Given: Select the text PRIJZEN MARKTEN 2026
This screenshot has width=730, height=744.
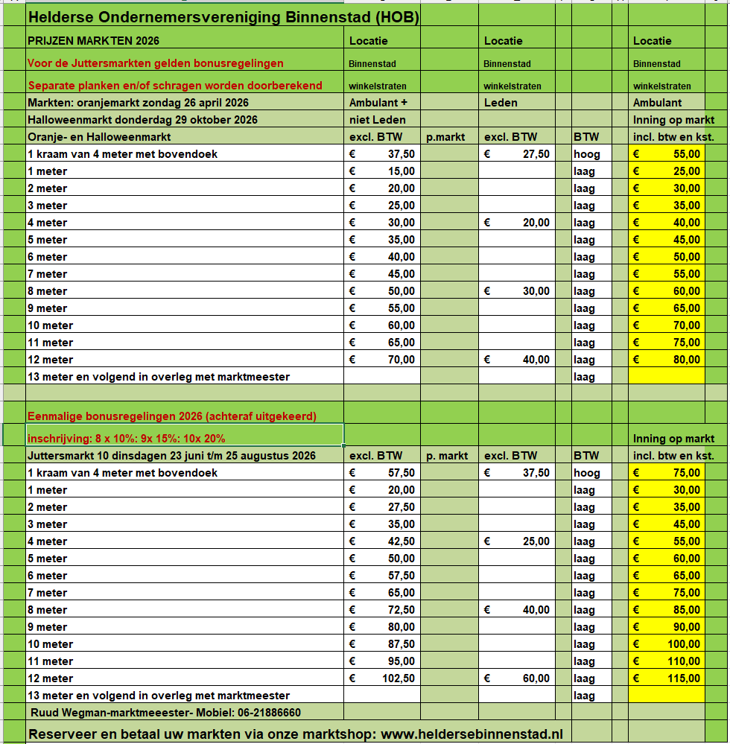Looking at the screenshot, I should [x=93, y=41].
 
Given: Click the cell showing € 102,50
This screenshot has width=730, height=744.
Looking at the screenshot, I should [x=383, y=678].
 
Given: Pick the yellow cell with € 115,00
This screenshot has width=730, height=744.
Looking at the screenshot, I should [x=667, y=678].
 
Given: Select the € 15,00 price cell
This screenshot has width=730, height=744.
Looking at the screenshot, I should [x=383, y=171].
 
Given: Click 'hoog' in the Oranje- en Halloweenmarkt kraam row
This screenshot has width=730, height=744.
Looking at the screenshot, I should [x=586, y=154].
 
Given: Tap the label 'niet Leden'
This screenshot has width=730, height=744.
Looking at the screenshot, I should [x=378, y=120].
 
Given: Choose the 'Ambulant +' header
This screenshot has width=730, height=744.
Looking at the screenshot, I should [x=378, y=103].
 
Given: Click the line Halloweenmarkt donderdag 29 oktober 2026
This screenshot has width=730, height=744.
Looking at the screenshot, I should [x=142, y=120].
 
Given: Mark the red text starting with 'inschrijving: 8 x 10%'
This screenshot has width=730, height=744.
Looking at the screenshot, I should [x=126, y=439].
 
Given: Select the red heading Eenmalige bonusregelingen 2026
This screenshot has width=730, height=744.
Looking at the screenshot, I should [x=171, y=416].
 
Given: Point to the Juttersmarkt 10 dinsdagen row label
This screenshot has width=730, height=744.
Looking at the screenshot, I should [x=171, y=456].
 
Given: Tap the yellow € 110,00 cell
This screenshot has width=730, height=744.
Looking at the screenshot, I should [x=667, y=661].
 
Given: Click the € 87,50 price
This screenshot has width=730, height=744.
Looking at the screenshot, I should [x=383, y=644].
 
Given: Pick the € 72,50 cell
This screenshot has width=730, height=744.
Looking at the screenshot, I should [x=383, y=610].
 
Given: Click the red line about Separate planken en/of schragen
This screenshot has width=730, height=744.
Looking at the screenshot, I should [x=175, y=86].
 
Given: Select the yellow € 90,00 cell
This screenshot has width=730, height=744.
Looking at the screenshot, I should [x=667, y=627].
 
